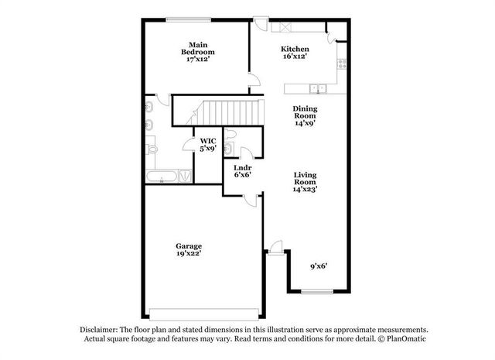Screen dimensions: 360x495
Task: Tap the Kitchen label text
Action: pyautogui.click(x=295, y=52)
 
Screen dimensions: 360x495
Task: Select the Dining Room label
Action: pyautogui.click(x=304, y=116)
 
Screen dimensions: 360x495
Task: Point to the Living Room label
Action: pyautogui.click(x=305, y=181)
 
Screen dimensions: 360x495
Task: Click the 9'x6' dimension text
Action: pyautogui.click(x=319, y=266)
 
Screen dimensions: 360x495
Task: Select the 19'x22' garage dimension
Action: pyautogui.click(x=188, y=253)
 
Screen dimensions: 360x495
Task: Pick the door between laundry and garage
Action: pyautogui.click(x=249, y=201)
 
